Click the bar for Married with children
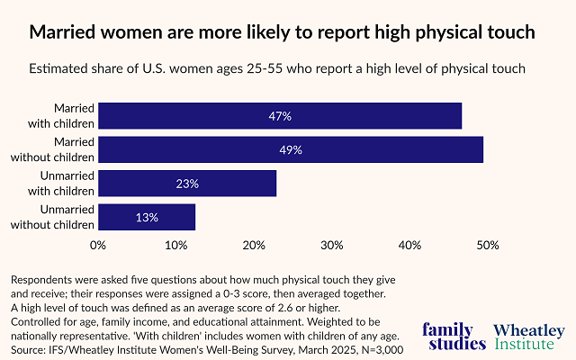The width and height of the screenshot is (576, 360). [279, 116]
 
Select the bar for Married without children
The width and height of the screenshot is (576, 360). [290, 149]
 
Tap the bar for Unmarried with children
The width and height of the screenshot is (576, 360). [187, 184]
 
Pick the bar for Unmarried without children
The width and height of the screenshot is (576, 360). [147, 217]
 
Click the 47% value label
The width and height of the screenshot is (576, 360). [280, 116]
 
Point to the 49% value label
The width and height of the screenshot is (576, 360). [291, 149]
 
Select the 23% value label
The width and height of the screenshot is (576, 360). [187, 184]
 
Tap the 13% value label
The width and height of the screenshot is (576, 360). [147, 217]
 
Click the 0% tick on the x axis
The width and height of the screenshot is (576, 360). [99, 245]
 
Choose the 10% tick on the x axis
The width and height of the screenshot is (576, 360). [176, 245]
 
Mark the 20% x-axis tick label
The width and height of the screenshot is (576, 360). [255, 245]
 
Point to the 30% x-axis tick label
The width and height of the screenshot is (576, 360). [332, 245]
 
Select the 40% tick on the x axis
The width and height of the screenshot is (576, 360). [410, 245]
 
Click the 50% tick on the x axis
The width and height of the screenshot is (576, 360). [486, 245]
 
